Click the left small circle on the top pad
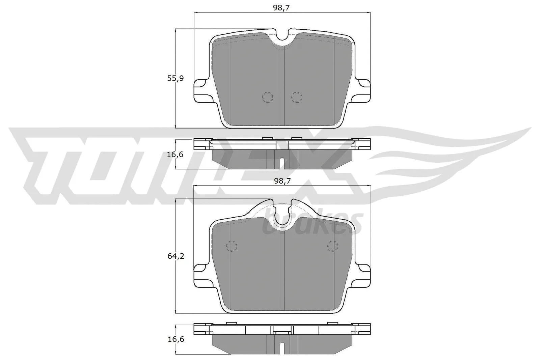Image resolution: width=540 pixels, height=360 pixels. pyautogui.click(x=268, y=97)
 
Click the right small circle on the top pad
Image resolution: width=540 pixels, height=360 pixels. pyautogui.click(x=297, y=97)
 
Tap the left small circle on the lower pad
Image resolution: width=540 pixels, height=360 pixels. pyautogui.click(x=232, y=246)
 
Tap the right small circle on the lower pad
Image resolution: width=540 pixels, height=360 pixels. pyautogui.click(x=333, y=246)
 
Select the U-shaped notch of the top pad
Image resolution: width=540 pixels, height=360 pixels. pyautogui.click(x=282, y=38)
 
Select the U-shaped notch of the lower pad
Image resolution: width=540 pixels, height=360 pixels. pyautogui.click(x=282, y=216)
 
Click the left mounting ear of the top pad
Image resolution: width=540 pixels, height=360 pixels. pyautogui.click(x=201, y=89)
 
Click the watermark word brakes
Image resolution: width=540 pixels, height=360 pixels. pyautogui.click(x=312, y=223)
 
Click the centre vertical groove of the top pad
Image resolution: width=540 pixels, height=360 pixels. pyautogui.click(x=282, y=88)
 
